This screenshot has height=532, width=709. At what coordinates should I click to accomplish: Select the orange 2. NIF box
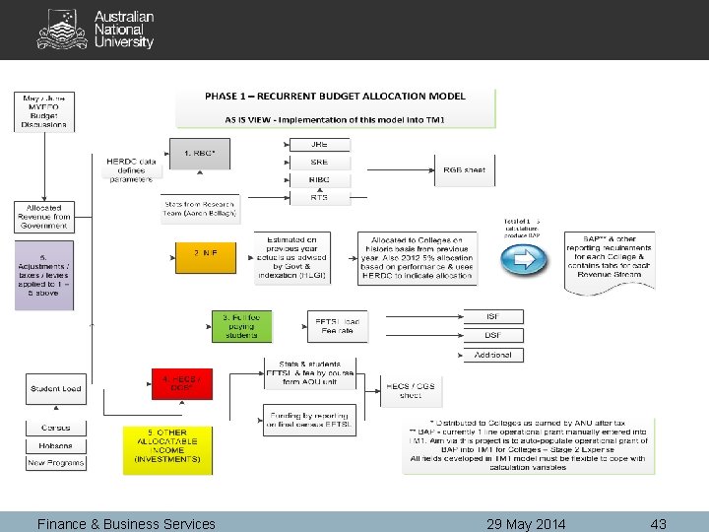(205, 254)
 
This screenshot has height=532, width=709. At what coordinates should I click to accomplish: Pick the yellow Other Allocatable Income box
(166, 449)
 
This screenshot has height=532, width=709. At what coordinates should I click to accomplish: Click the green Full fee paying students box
(241, 327)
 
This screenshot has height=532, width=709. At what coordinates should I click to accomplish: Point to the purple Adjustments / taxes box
(44, 276)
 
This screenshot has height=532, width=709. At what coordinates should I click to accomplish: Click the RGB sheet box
(464, 169)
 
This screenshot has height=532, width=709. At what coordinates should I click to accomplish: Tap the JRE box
(319, 145)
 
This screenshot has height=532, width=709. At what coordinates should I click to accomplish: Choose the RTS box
(319, 198)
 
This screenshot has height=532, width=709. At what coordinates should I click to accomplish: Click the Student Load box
(56, 389)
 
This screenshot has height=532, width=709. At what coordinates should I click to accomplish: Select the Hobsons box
(56, 445)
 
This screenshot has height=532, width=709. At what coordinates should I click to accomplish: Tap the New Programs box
(56, 462)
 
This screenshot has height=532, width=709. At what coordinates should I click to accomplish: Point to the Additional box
(492, 355)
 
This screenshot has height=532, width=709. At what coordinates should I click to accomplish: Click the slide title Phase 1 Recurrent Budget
(336, 97)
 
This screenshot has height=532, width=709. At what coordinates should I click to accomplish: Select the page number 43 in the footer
(658, 523)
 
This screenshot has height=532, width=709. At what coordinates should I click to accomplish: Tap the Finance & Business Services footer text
(126, 523)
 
